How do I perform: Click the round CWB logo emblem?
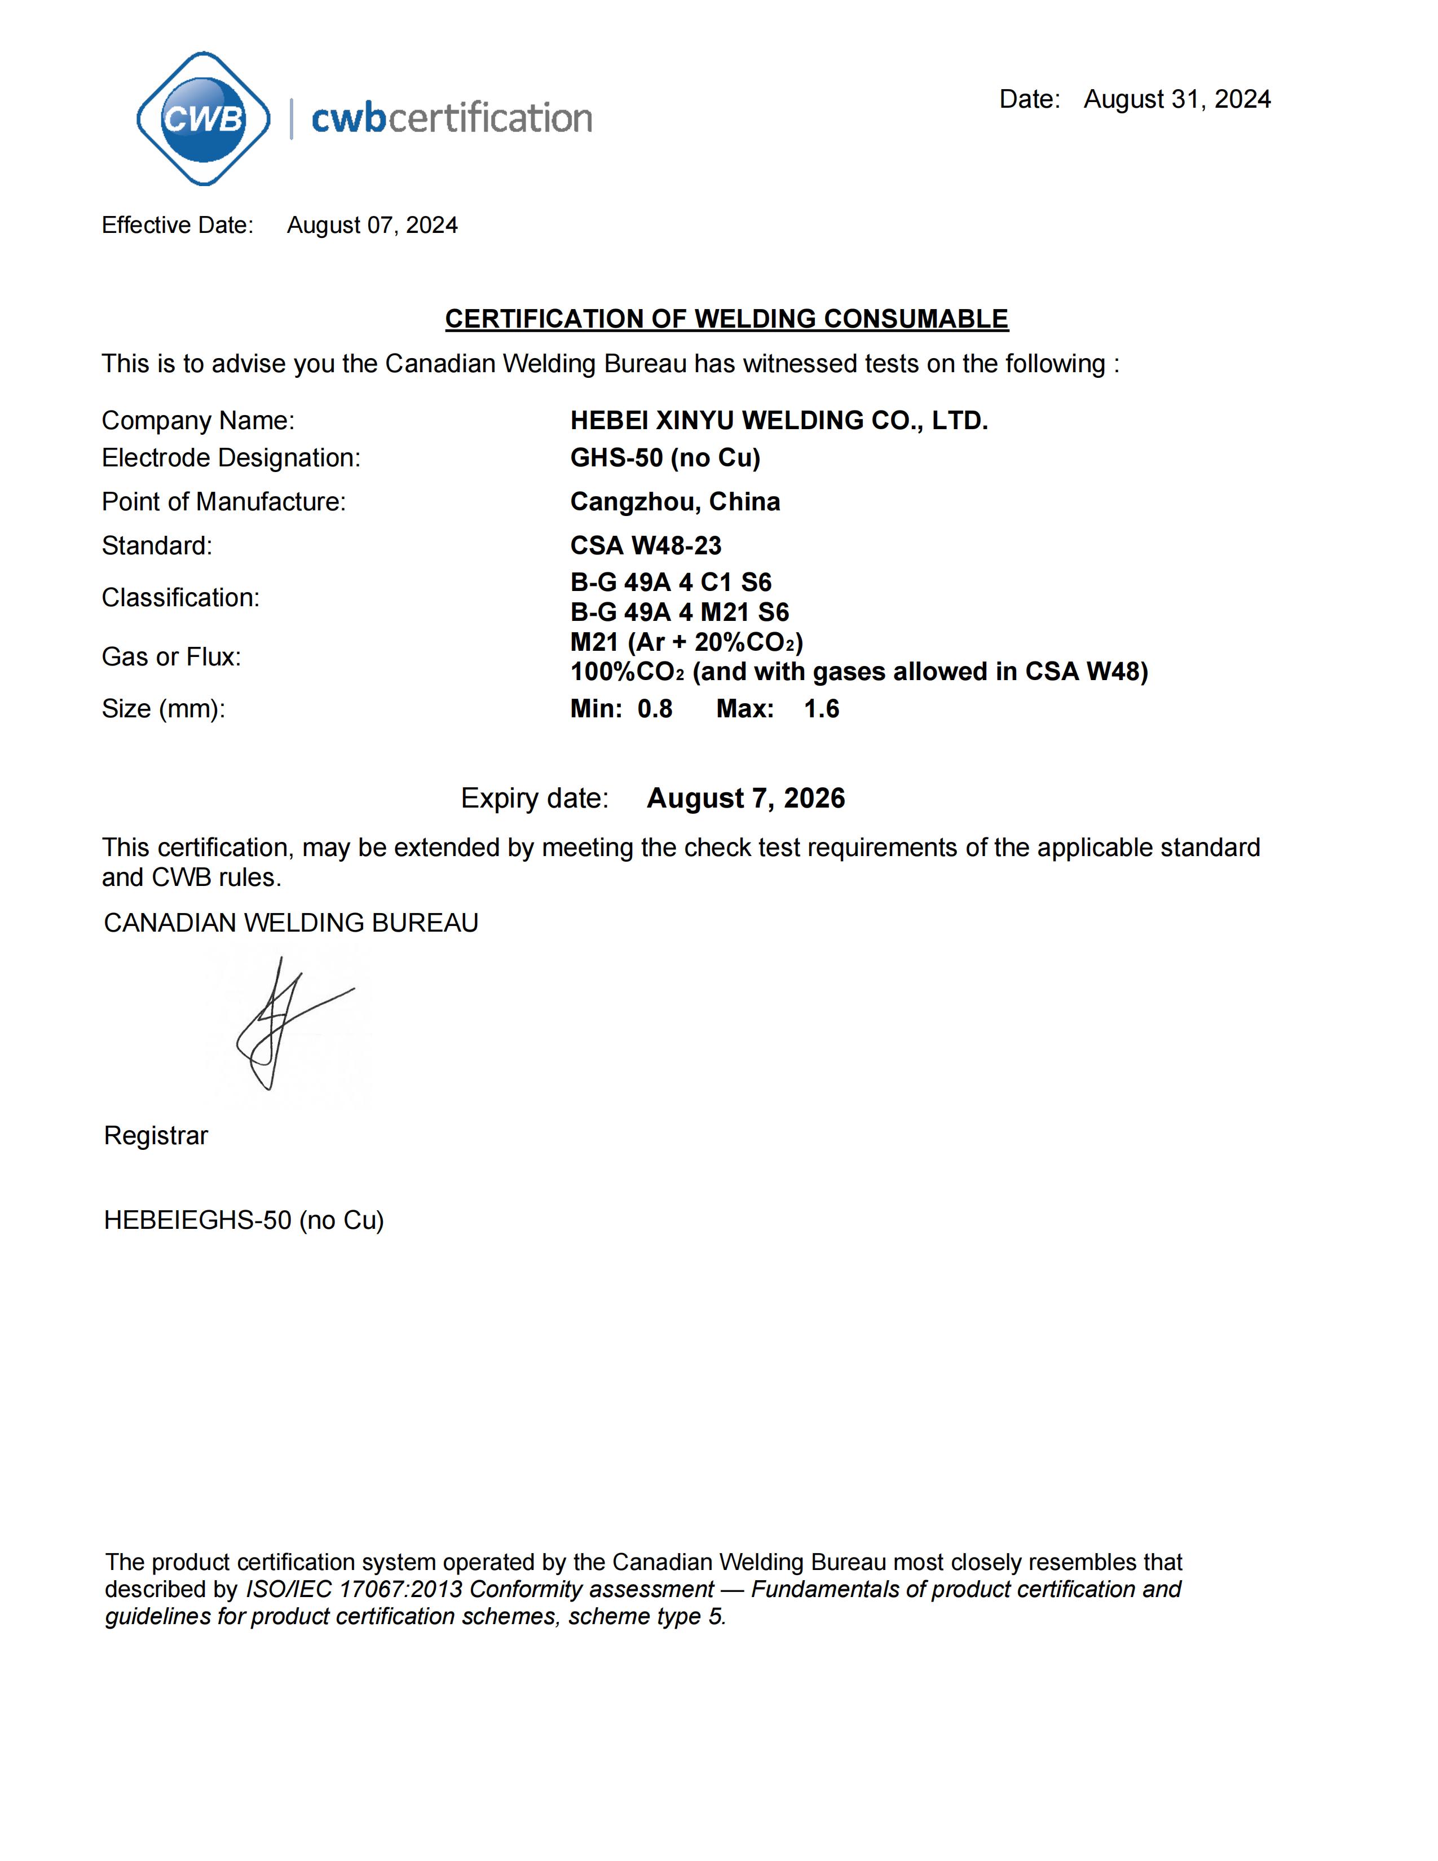(203, 118)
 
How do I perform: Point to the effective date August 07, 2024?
(372, 225)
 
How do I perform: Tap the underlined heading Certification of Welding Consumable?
(727, 319)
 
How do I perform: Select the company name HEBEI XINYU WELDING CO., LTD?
(779, 420)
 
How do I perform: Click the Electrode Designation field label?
(231, 457)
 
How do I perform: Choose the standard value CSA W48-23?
(645, 545)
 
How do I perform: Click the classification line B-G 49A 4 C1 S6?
(671, 583)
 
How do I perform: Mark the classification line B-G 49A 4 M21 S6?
(679, 612)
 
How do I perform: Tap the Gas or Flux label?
(171, 657)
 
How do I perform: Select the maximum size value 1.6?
(821, 709)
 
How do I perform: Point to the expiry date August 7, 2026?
(746, 799)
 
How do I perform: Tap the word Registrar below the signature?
(156, 1136)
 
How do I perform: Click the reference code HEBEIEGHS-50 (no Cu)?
(244, 1220)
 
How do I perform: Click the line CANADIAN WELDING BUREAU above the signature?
(290, 923)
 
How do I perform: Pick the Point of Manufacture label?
(223, 502)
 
